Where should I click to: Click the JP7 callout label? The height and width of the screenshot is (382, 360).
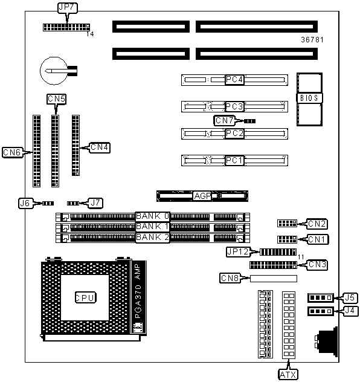68,7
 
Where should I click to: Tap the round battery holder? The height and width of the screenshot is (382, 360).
54,71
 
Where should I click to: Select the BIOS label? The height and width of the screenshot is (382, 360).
309,98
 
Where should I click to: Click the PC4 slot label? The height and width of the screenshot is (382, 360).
234,80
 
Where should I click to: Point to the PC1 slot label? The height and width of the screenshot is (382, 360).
234,161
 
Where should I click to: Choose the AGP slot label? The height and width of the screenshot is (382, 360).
202,196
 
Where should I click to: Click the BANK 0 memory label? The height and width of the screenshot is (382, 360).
152,216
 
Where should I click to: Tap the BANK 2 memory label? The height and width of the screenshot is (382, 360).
152,238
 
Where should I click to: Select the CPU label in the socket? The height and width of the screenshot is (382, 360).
85,297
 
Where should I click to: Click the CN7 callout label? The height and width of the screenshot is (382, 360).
225,120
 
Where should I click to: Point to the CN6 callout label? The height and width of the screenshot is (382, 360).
13,152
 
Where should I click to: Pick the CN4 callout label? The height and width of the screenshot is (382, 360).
100,147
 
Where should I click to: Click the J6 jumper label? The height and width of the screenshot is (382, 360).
25,203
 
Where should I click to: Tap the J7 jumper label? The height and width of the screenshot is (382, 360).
95,203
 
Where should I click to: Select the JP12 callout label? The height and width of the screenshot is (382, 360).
238,251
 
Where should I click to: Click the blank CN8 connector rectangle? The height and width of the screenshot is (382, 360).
274,279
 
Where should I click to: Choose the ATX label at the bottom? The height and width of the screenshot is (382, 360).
288,375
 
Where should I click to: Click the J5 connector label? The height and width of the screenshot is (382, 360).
350,298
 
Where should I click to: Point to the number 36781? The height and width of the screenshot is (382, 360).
312,40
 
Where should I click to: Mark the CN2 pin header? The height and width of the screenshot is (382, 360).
288,223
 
